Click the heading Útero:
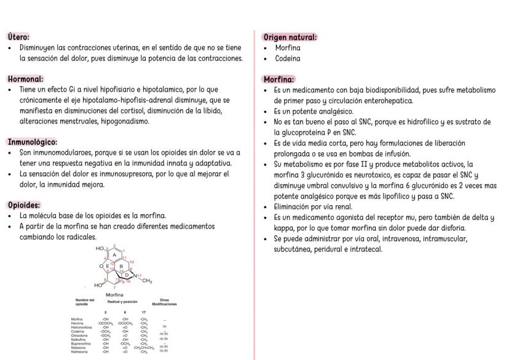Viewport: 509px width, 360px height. point(19,37)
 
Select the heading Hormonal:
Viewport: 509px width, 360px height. point(25,79)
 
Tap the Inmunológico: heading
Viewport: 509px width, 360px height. point(31,141)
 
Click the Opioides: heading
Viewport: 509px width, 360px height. point(24,205)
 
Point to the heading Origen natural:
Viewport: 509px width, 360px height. point(290,37)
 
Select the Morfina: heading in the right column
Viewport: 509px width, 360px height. point(278,79)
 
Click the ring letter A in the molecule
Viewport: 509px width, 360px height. point(114,255)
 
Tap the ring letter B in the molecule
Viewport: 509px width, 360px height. point(121,266)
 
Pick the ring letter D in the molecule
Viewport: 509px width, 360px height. point(127,275)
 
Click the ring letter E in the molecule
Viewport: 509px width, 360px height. point(108,266)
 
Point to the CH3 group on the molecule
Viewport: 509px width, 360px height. point(146,281)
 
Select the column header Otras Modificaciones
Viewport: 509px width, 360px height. point(164,302)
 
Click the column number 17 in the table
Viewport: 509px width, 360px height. point(143,312)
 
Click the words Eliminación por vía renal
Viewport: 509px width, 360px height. point(317,207)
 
